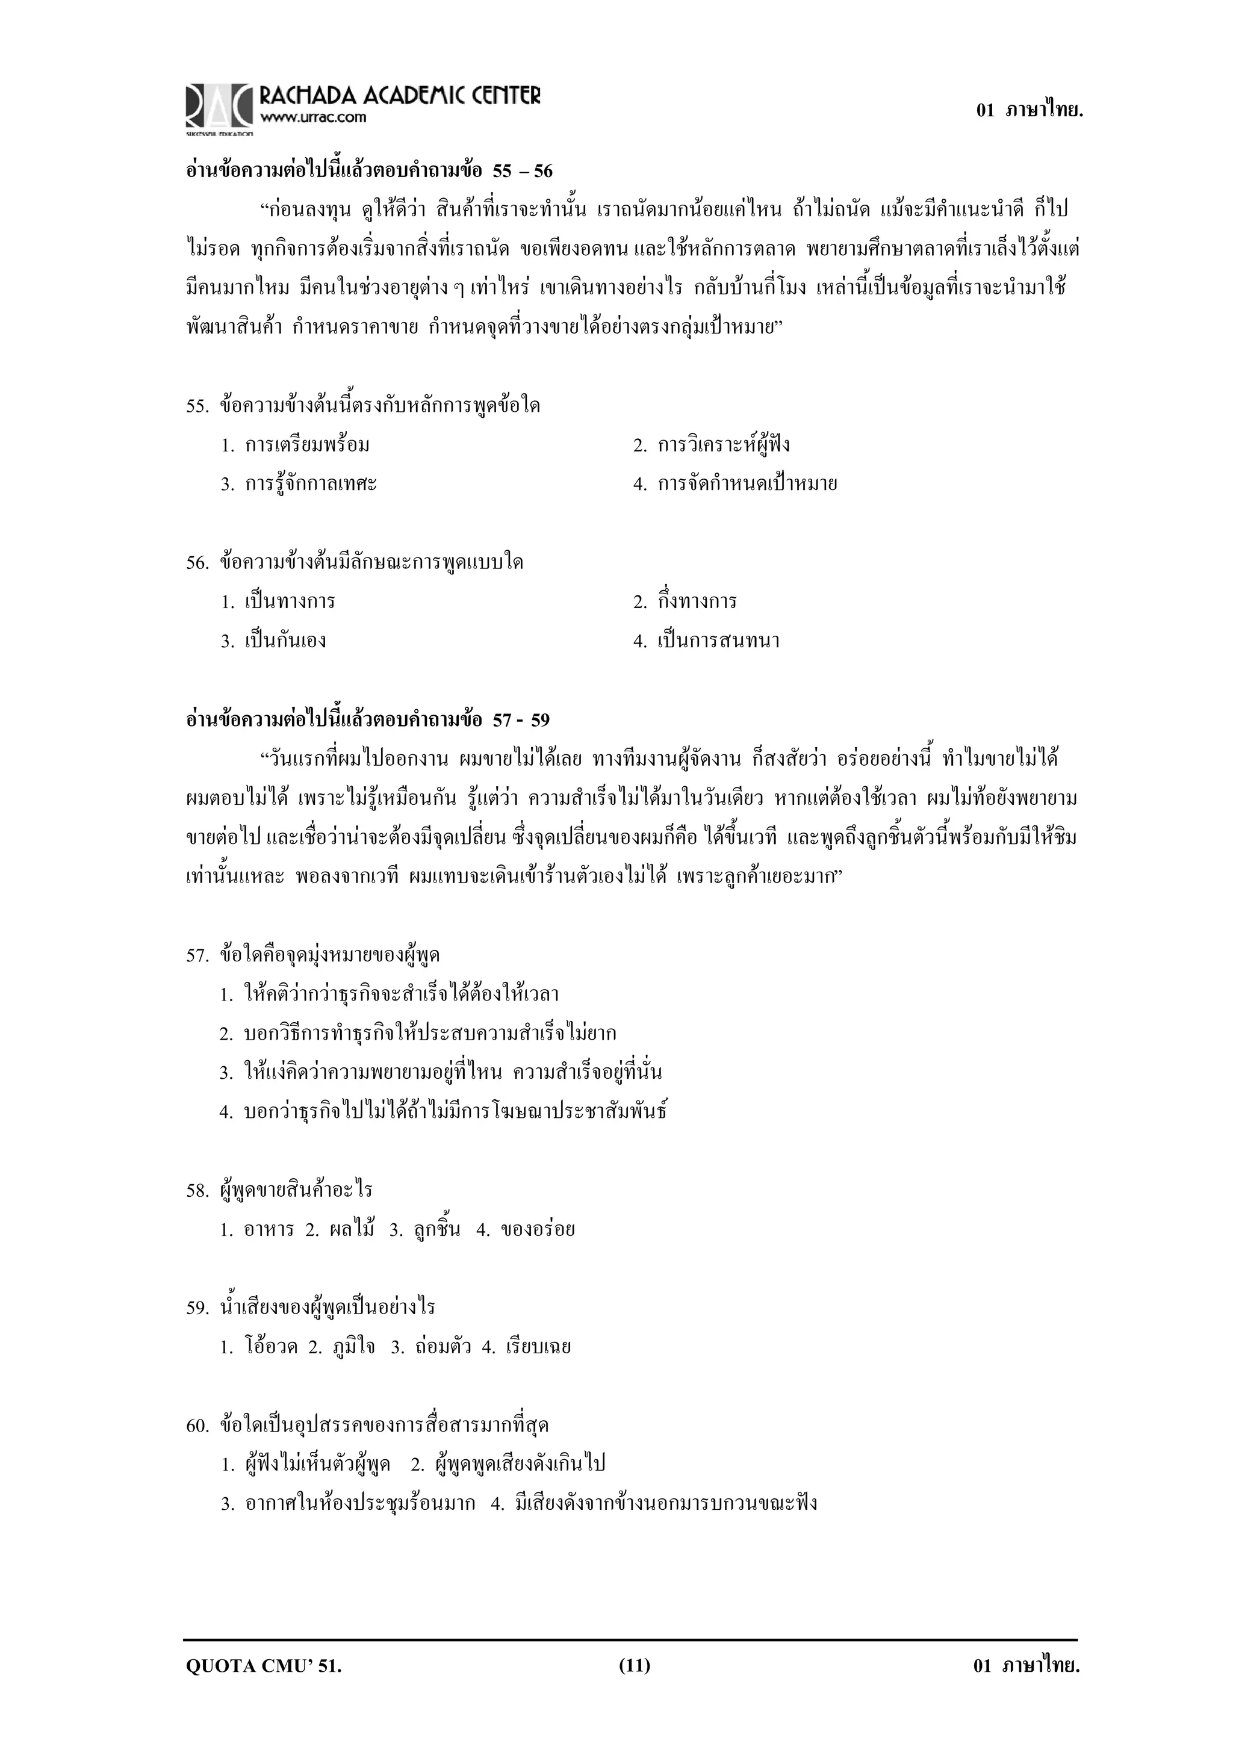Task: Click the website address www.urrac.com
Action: point(313,118)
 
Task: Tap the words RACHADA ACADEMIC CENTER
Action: point(400,96)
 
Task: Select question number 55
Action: point(197,406)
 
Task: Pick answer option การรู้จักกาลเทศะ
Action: point(310,484)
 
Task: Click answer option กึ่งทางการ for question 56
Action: point(697,601)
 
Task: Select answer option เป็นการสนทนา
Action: point(718,641)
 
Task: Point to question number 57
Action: point(197,955)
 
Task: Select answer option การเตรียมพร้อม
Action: point(307,445)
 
